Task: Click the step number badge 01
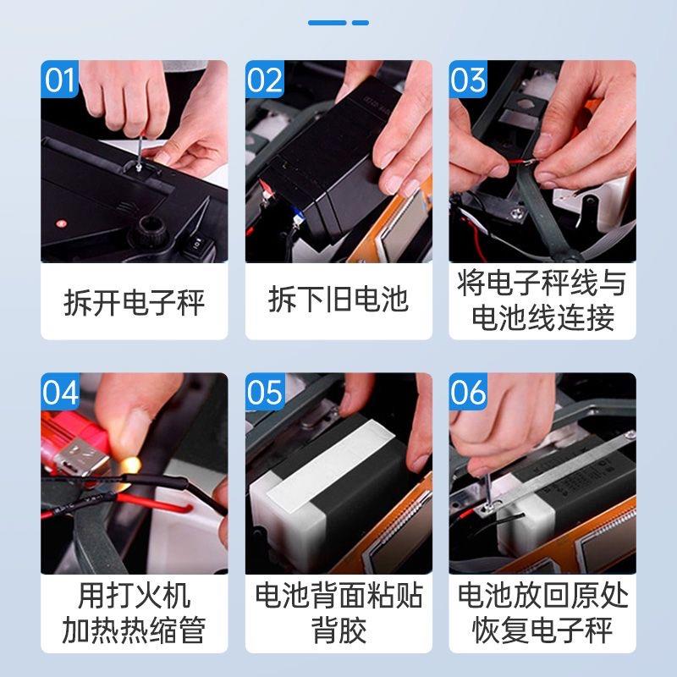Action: tap(59, 79)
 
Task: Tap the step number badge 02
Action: tap(264, 79)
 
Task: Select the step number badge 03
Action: tap(468, 79)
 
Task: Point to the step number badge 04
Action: tap(60, 392)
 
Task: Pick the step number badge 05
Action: tap(265, 392)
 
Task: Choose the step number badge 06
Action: tap(468, 392)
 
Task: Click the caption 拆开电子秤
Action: tap(134, 303)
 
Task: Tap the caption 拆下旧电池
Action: tap(338, 299)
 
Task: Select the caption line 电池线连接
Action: tap(542, 317)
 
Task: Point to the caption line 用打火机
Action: tap(134, 596)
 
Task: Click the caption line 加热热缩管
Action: tap(134, 630)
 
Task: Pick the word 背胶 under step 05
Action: tap(338, 630)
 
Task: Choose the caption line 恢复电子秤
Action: tap(542, 630)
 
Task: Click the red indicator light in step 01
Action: tap(60, 223)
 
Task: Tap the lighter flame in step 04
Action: tap(130, 465)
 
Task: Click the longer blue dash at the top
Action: tap(327, 23)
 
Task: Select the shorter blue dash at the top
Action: tap(361, 23)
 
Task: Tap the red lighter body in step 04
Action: tap(74, 436)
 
